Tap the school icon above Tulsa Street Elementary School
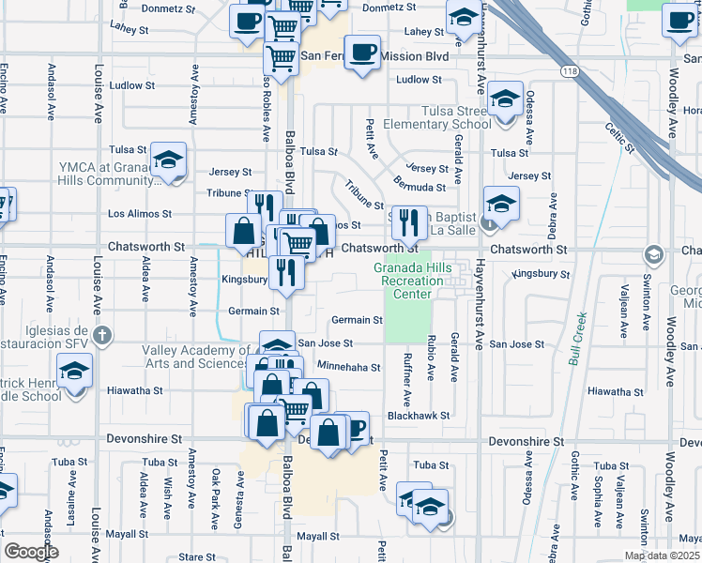505,100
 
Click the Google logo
30,552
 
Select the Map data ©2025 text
662,555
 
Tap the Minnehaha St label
348,368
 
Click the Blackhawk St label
419,415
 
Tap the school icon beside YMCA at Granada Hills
169,159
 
